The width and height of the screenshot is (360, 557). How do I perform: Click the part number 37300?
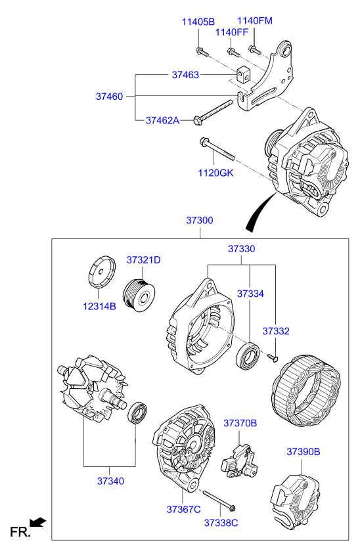[200, 221]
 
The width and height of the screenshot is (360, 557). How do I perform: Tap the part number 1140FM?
[254, 20]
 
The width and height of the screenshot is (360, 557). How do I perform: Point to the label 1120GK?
[216, 173]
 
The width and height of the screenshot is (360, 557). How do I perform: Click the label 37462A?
[162, 120]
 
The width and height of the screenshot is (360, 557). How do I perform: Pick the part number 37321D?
[143, 260]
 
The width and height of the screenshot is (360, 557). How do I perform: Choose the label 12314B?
[99, 305]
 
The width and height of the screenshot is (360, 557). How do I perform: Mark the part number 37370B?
[240, 423]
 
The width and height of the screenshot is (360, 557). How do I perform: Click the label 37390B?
[303, 451]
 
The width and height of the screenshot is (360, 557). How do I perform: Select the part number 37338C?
[221, 523]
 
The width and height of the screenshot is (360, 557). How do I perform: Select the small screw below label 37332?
[273, 357]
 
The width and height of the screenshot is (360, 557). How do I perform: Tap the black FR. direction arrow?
[39, 522]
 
